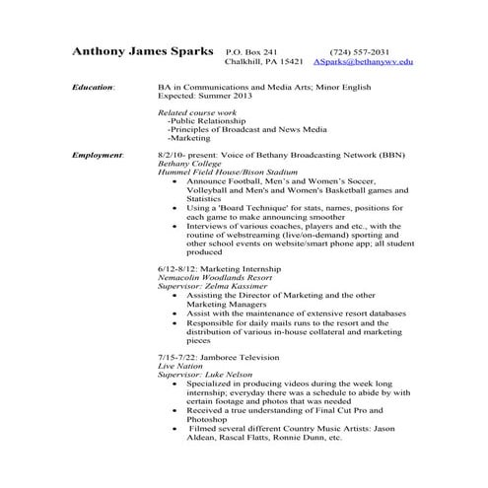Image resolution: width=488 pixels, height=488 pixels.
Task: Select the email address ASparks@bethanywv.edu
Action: click(x=363, y=62)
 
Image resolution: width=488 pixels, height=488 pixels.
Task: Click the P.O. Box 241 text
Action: click(x=251, y=51)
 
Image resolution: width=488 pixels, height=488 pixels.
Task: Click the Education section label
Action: click(x=93, y=88)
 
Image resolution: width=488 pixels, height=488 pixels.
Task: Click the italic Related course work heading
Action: click(x=197, y=114)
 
